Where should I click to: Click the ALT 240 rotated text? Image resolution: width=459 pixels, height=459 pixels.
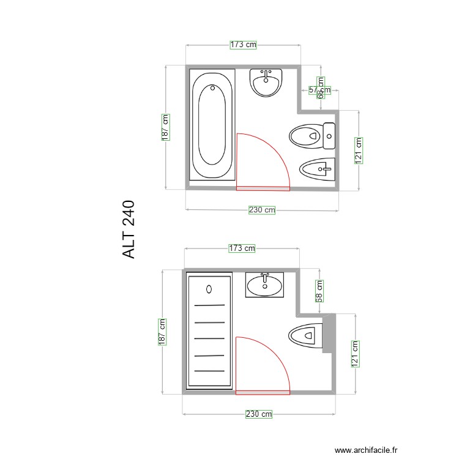129,229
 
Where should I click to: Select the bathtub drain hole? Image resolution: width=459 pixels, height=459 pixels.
212,88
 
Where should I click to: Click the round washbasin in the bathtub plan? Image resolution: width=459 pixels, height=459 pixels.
266,83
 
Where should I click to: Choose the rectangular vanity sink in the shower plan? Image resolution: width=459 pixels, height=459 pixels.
265,285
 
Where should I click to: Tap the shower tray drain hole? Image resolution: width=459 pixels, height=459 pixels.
209,289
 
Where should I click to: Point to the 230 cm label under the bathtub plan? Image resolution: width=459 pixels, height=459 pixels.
262,210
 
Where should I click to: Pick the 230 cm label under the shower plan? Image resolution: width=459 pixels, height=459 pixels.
259,414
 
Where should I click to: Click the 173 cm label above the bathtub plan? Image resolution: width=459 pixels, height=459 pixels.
243,44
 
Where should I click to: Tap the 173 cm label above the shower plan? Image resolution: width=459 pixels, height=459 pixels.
242,248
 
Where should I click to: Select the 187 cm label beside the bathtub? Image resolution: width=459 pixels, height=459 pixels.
165,127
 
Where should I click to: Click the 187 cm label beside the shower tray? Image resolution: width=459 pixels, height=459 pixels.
162,332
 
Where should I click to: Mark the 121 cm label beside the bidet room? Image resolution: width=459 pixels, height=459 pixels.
359,150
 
